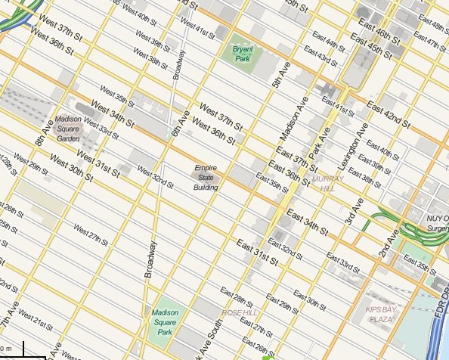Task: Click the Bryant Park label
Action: pyautogui.click(x=243, y=54)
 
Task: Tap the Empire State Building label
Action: pyautogui.click(x=206, y=177)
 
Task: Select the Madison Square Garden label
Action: pyautogui.click(x=68, y=129)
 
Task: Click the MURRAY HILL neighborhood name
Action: pyautogui.click(x=327, y=183)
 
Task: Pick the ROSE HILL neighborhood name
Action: pyautogui.click(x=240, y=312)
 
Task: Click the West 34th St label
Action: pyautogui.click(x=112, y=113)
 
